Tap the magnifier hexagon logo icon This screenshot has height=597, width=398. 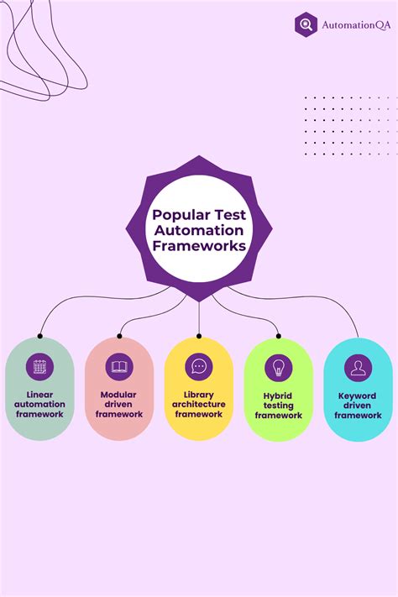click(x=306, y=25)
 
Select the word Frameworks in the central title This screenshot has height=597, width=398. click(x=199, y=246)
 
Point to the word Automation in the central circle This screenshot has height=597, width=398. click(x=199, y=230)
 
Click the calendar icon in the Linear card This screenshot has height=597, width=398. click(x=39, y=367)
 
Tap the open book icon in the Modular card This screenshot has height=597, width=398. click(x=119, y=367)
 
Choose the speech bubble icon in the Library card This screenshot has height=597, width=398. click(x=199, y=367)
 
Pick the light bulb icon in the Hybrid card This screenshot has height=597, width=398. click(x=279, y=367)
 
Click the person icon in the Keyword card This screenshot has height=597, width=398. click(x=358, y=367)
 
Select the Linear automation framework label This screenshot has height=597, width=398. click(x=39, y=404)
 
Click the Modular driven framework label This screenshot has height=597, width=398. click(x=119, y=404)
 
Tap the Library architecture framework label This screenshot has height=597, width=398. click(x=199, y=404)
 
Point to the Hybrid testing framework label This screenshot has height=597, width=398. click(x=279, y=405)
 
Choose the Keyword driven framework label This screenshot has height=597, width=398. click(x=358, y=405)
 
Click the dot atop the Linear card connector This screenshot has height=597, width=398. click(x=39, y=336)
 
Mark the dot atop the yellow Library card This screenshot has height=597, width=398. click(x=199, y=336)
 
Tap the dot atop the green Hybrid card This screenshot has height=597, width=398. click(x=279, y=336)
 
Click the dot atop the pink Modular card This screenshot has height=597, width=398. click(x=119, y=336)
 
